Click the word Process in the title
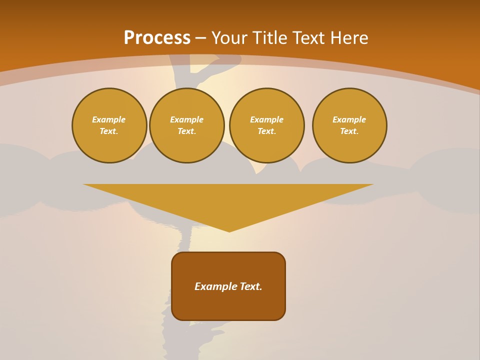tap(157, 38)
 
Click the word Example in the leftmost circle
tap(109, 119)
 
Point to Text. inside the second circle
tap(187, 131)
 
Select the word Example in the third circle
tap(267, 119)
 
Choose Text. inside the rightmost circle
tap(349, 131)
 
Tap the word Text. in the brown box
tap(251, 286)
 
